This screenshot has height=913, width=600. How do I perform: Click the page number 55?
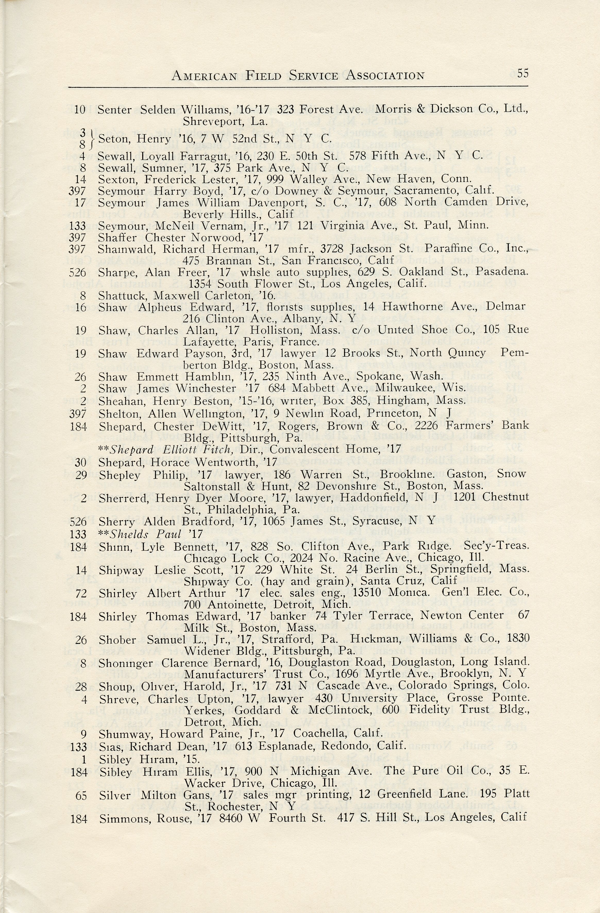(x=522, y=73)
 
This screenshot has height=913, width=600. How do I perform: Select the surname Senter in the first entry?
(x=115, y=110)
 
